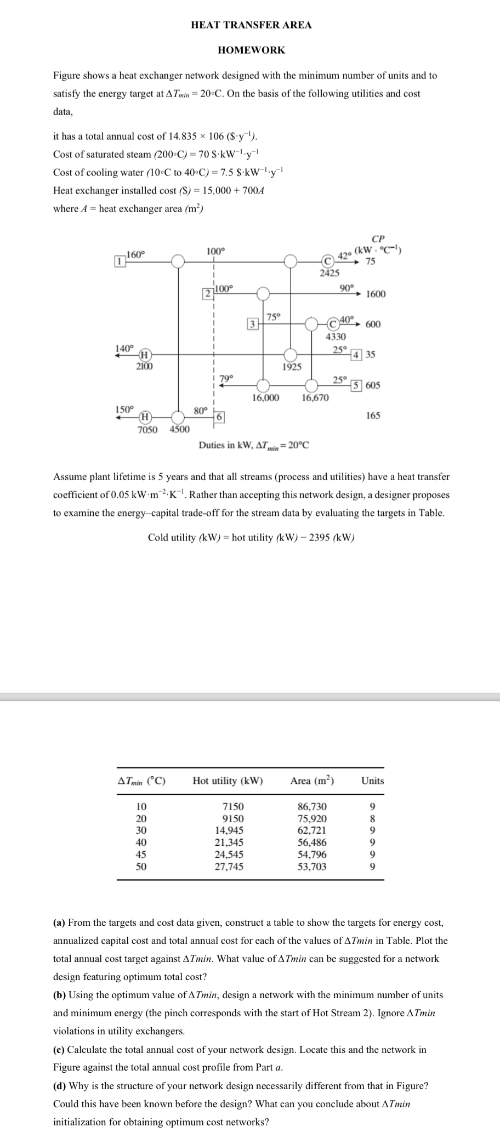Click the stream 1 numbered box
pos(117,261)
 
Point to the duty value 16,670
pos(315,397)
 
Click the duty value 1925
pos(292,367)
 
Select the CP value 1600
pos(376,294)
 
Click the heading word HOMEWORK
pos(251,50)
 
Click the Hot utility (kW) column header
pos(228,781)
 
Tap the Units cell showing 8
pos(372,818)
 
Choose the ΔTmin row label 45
pos(141,854)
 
